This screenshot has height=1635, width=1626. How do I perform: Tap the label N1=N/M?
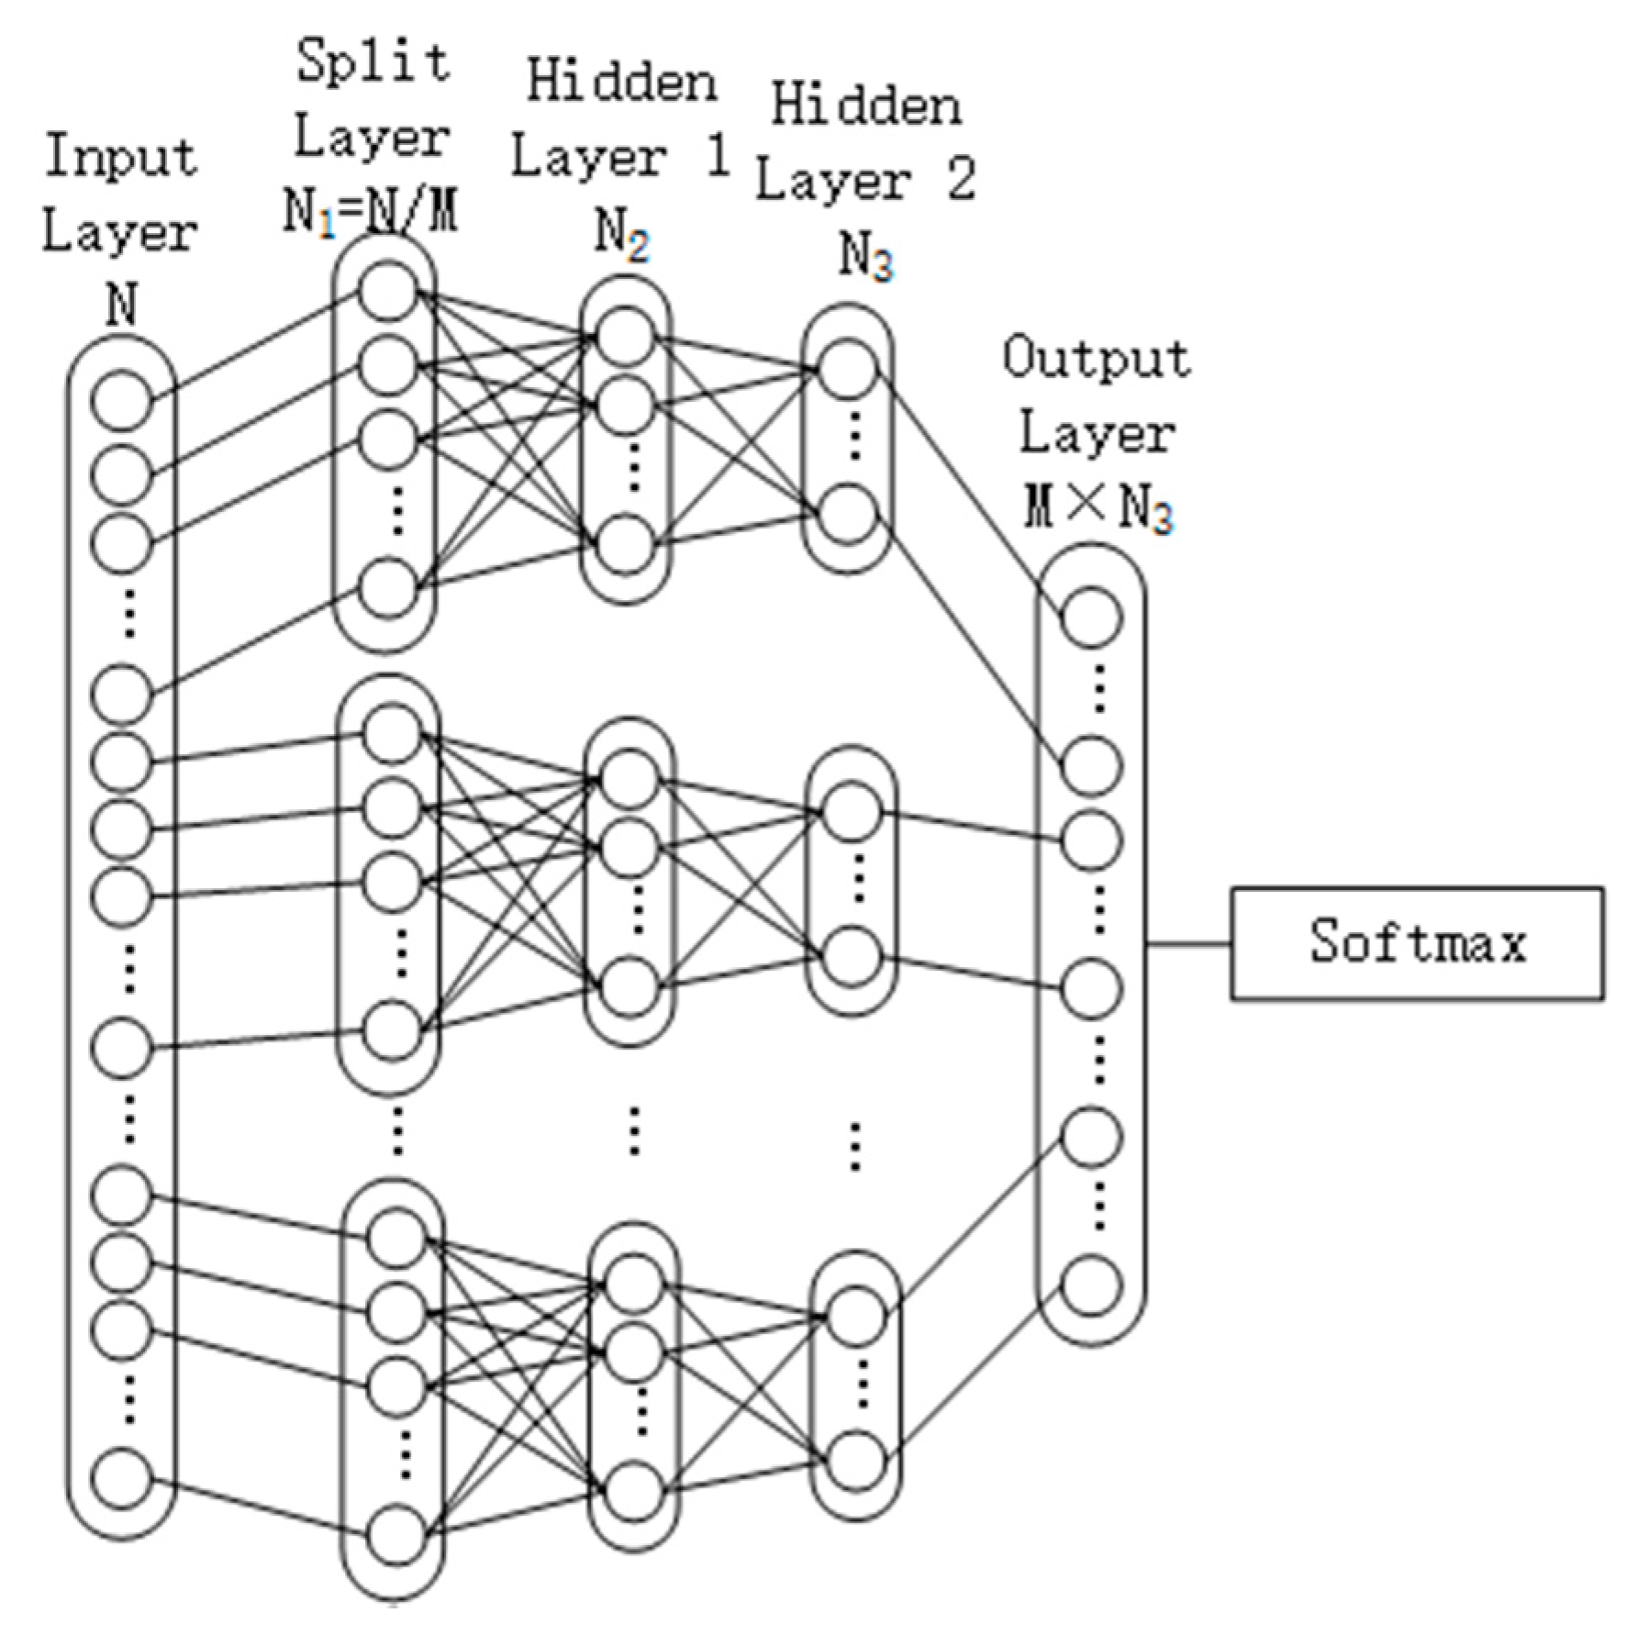pos(370,213)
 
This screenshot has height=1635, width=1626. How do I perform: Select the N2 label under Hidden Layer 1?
pos(622,236)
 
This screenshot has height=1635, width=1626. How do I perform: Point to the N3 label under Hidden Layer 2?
pos(865,260)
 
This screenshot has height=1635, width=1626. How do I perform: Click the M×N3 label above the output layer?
pos(1097,507)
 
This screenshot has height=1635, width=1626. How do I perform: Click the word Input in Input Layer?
pos(120,156)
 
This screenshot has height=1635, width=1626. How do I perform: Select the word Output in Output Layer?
pos(1096,359)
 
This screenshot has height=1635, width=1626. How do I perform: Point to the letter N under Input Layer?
pos(121,305)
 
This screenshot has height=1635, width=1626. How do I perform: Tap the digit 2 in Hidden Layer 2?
pos(959,180)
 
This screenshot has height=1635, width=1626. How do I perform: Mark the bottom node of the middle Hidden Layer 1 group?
pos(629,986)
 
